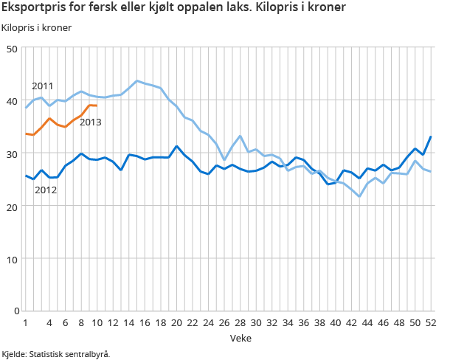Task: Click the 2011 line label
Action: coord(42,86)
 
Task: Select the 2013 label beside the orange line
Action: coord(90,122)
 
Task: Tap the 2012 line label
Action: coord(46,190)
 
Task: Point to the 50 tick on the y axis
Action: coord(11,49)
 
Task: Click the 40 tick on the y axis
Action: coord(11,101)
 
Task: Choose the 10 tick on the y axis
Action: coord(11,259)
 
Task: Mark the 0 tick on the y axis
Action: coord(14,311)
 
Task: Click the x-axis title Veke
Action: coord(228,337)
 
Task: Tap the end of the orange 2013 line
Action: coord(97,106)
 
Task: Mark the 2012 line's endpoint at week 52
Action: coord(431,137)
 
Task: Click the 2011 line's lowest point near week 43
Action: coord(359,196)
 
